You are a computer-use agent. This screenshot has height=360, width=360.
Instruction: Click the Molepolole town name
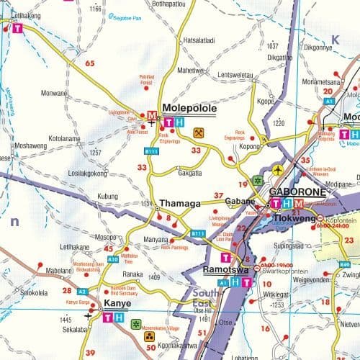coord(190,109)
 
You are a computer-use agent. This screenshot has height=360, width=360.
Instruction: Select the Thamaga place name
coord(179,204)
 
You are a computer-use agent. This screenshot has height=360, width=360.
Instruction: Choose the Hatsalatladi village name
coord(204,40)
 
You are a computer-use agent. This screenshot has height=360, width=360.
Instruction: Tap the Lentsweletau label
coord(236,75)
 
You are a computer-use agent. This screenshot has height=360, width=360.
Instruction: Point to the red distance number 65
coord(90,63)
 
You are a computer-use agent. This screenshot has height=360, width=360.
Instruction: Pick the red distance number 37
coord(219,196)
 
